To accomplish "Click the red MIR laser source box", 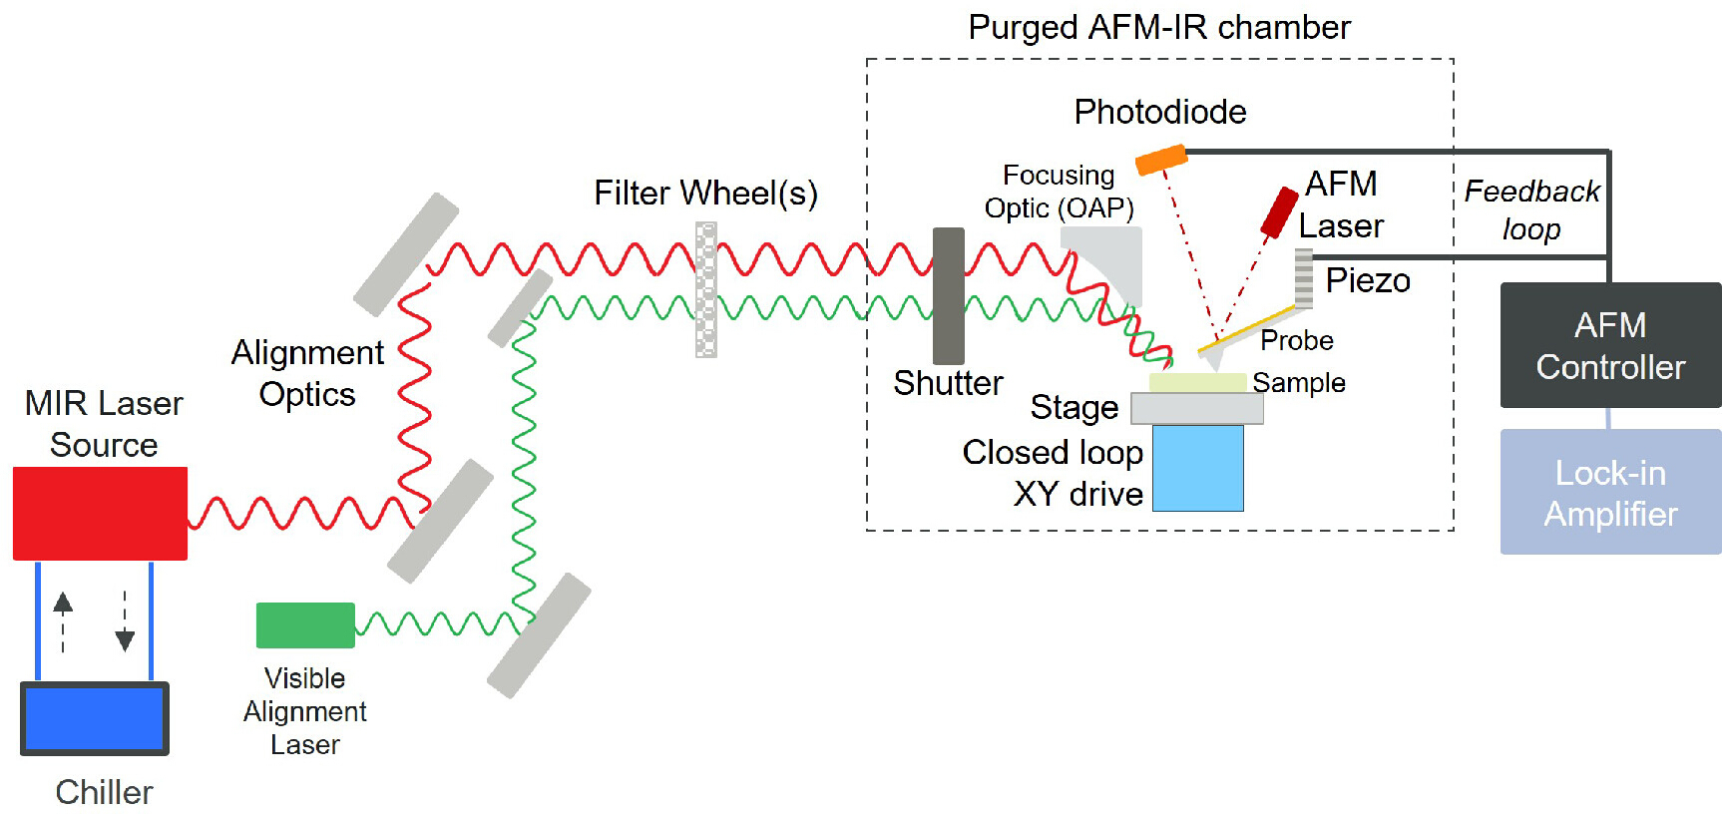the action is click(100, 513).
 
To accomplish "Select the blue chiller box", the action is click(95, 718).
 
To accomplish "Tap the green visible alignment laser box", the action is click(305, 625).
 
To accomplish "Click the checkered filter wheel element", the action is click(706, 289).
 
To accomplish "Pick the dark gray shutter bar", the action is click(949, 295).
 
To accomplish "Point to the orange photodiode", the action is click(1161, 160).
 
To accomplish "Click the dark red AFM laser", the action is click(1279, 211).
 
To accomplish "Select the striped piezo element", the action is click(1304, 278).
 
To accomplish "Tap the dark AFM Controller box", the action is click(1610, 345).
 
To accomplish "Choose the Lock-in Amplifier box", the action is click(1610, 492).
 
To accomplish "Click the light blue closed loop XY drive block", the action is click(1198, 468).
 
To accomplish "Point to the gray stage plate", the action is click(1197, 408).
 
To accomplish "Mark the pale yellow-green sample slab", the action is click(1197, 382).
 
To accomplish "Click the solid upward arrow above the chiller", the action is click(63, 620).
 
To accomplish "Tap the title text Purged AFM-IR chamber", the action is click(1159, 27).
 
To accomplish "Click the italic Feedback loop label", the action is click(1531, 209).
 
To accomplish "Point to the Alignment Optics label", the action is click(307, 373).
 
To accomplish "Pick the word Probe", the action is click(1297, 340).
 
